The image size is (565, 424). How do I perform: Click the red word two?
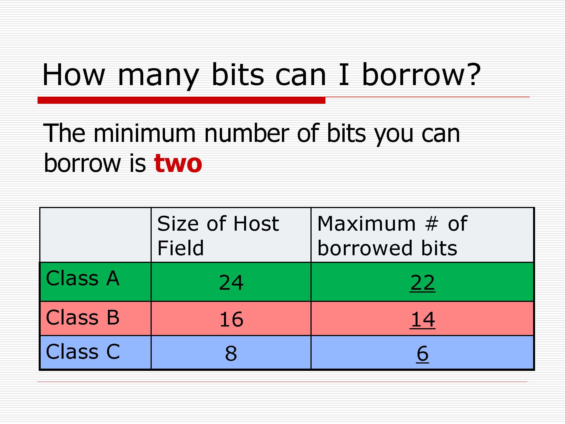point(178,163)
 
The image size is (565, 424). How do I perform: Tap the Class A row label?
point(82,278)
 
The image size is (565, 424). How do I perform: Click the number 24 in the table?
point(231,282)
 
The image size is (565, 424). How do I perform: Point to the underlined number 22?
point(422,282)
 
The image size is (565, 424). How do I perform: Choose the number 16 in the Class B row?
point(231,319)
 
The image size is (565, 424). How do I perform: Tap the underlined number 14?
point(422,319)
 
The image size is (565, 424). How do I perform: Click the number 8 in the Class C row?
point(231,353)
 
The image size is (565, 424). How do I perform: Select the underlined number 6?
point(422,354)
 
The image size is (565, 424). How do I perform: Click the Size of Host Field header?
point(218,235)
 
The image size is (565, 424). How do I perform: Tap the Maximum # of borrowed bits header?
point(392,235)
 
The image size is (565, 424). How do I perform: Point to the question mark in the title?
point(473,74)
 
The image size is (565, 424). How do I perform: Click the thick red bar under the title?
point(181,100)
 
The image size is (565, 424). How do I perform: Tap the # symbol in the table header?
point(432,223)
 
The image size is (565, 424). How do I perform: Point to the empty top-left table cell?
point(95,235)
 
